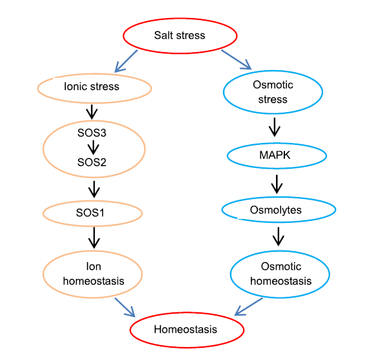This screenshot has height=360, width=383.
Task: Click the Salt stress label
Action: [179, 35]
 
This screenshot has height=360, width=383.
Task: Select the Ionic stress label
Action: [92, 86]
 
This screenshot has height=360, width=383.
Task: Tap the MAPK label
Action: [275, 155]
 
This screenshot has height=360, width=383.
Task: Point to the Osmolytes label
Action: [276, 210]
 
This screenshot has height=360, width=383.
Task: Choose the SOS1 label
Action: [90, 213]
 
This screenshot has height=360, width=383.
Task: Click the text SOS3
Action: [92, 133]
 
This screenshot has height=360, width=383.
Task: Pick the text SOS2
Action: [92, 162]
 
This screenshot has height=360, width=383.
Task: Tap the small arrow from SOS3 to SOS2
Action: [93, 147]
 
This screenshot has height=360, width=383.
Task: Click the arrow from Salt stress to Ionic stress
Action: [126, 61]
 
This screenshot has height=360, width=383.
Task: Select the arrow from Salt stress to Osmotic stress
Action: [236, 60]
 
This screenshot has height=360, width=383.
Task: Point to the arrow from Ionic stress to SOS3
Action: [92, 112]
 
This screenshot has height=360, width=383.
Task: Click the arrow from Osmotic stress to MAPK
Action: [275, 127]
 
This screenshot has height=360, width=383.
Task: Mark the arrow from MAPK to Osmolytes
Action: [277, 184]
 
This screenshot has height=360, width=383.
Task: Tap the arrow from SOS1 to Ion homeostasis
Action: [94, 238]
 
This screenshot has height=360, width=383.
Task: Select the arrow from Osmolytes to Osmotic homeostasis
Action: [278, 236]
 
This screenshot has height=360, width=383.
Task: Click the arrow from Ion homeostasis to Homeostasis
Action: [125, 307]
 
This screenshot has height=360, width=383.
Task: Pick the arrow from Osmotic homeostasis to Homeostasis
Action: [248, 307]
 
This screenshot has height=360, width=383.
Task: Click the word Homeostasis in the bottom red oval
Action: [186, 330]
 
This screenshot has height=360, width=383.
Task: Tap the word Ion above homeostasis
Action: [93, 267]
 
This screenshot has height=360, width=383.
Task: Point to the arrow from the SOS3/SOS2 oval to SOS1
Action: [94, 189]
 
